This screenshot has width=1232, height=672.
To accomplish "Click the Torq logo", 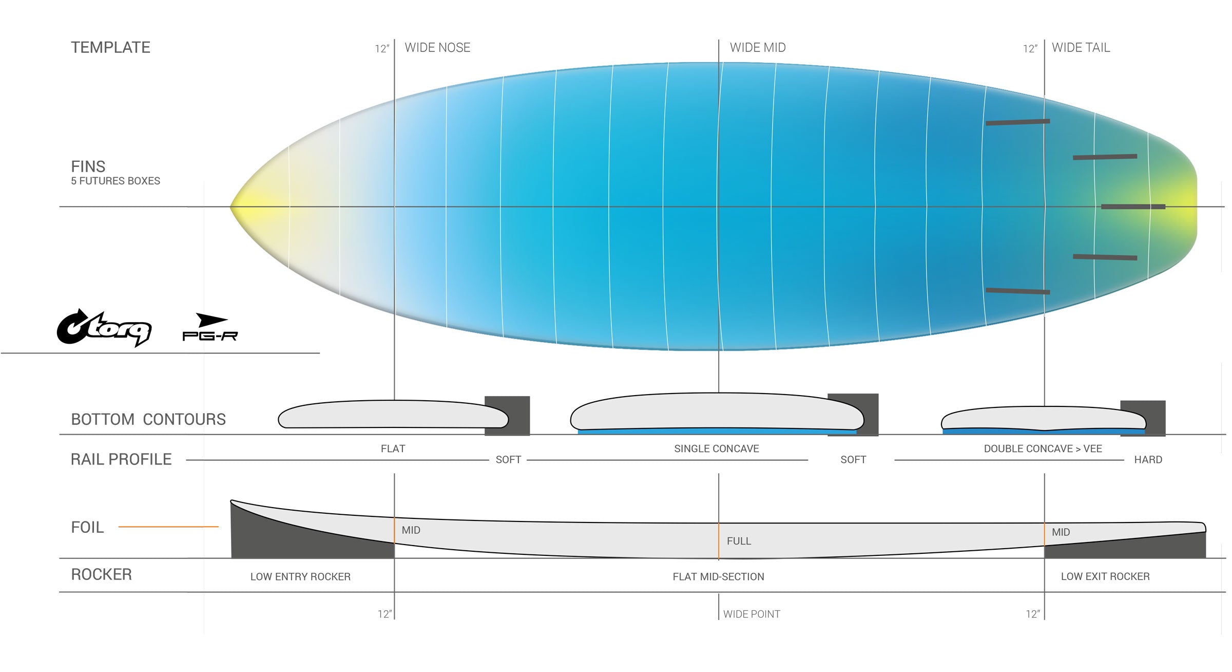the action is click(x=104, y=329).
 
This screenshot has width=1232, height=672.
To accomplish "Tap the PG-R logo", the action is click(x=210, y=327).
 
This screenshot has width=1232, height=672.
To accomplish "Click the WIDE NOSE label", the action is click(x=437, y=48).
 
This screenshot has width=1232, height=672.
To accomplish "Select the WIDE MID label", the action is click(x=758, y=48).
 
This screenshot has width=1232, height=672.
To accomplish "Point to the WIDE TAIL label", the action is click(x=1081, y=48).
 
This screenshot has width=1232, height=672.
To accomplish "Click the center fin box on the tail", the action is click(x=1133, y=207).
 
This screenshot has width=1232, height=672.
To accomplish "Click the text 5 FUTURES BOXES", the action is click(x=115, y=181).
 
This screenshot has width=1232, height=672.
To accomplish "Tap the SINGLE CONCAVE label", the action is click(x=717, y=449).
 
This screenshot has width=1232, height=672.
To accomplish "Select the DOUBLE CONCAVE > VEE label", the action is click(x=1043, y=449).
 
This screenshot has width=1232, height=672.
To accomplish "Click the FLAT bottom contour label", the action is click(x=393, y=449).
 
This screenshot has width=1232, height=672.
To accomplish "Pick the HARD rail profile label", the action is click(x=1148, y=460).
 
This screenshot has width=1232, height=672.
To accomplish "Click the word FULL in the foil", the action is click(x=739, y=541).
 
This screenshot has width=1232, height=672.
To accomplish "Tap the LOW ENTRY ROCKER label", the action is click(x=300, y=576).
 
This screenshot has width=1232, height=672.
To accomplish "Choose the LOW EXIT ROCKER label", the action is click(x=1105, y=576).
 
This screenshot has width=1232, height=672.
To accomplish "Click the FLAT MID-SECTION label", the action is click(x=718, y=576).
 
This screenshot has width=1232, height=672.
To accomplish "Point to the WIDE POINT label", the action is click(x=752, y=614).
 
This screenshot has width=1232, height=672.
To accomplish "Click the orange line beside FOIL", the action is click(x=168, y=527).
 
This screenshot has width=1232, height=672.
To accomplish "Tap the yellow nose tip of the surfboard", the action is click(x=234, y=207).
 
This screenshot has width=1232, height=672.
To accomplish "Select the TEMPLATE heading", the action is click(x=110, y=47).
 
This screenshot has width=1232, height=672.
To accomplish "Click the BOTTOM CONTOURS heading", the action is click(x=148, y=419).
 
